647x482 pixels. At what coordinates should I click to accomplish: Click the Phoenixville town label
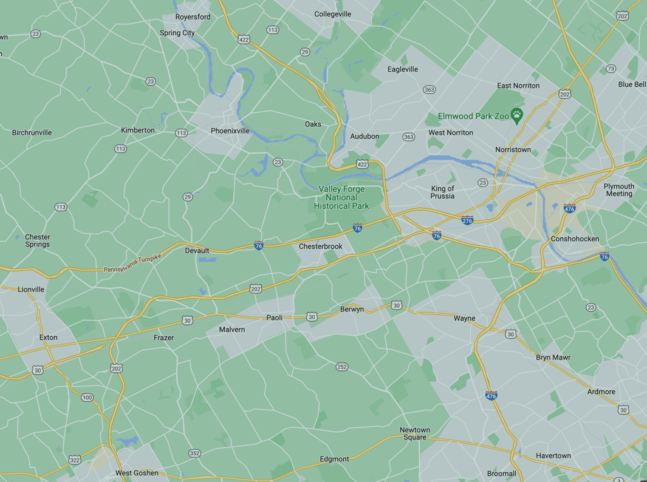click(x=230, y=131)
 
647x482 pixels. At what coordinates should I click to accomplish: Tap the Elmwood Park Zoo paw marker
click(x=516, y=115)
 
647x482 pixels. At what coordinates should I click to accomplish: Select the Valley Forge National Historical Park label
click(x=341, y=197)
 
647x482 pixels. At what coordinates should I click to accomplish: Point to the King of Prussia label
click(x=442, y=192)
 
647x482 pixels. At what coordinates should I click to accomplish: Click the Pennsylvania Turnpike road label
click(x=132, y=263)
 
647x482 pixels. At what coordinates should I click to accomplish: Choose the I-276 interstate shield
click(x=467, y=220)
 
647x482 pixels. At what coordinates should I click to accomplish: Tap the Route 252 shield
click(x=342, y=367)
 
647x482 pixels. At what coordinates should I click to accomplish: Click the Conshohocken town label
click(x=575, y=239)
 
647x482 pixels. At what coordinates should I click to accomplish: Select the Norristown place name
click(x=513, y=149)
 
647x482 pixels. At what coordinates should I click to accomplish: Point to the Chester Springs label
click(x=38, y=240)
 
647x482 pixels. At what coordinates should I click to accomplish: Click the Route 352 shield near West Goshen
click(x=194, y=453)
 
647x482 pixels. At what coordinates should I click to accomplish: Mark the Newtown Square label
click(x=415, y=433)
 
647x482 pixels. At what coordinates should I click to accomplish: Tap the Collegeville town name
click(x=333, y=14)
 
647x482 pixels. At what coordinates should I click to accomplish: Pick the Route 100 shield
click(x=87, y=398)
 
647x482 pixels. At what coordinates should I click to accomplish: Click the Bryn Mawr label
click(x=553, y=358)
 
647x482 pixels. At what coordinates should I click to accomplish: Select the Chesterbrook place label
click(x=321, y=246)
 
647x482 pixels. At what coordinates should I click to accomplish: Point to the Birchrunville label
click(x=32, y=132)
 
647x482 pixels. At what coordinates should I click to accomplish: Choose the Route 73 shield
click(x=611, y=69)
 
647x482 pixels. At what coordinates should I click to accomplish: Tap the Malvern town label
click(x=232, y=330)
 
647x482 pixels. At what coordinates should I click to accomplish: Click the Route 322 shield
click(x=74, y=460)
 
